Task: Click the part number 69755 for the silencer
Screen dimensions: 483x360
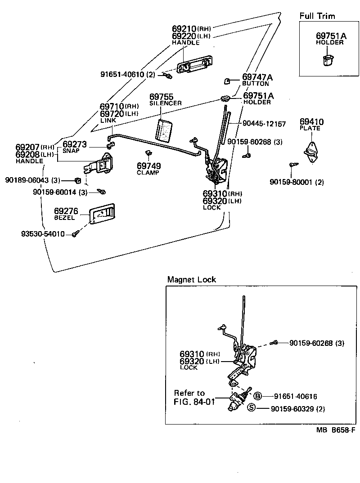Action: [161, 97]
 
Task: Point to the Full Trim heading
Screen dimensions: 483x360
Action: [317, 16]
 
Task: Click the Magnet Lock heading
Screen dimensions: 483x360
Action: [192, 279]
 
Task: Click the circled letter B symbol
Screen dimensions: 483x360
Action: [257, 396]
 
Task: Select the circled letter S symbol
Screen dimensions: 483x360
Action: [252, 408]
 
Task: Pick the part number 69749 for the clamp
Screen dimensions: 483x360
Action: [148, 166]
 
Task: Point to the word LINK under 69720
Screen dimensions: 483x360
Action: [108, 121]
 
